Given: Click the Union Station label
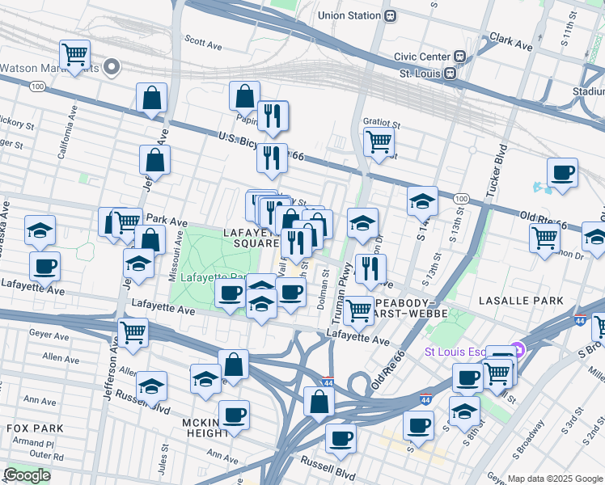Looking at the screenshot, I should coord(349,15).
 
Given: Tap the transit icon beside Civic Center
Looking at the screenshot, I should coord(460,57).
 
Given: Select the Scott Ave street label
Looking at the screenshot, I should coord(203,40).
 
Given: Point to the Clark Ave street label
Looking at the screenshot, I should coord(511,42).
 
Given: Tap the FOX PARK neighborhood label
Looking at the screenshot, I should coord(28,427).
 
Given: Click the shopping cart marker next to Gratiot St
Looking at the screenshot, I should coord(379,142).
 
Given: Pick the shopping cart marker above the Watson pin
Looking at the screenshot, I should coord(74,55).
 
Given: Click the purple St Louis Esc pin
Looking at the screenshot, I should coord(518,351).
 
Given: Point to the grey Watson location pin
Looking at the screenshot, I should coord(112,68).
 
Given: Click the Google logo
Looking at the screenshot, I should coord(27,475).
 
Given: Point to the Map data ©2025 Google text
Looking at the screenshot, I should coord(555,479).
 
